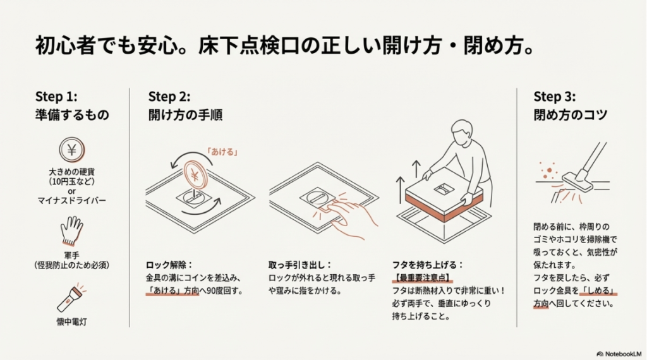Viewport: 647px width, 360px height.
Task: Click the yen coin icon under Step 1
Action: pyautogui.click(x=71, y=150)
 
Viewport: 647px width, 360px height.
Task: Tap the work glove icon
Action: pyautogui.click(x=71, y=231)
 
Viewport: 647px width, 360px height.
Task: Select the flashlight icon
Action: pyautogui.click(x=71, y=299)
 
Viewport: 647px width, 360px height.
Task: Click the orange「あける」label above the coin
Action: pyautogui.click(x=221, y=152)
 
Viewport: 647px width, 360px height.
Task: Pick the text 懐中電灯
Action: pyautogui.click(x=71, y=322)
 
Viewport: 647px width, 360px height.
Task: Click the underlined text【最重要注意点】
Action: pyautogui.click(x=423, y=278)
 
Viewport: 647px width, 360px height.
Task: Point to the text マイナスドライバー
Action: pyautogui.click(x=71, y=201)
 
